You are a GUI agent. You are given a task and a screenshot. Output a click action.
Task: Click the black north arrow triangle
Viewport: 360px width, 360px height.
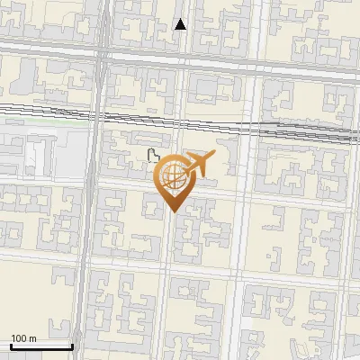tap(181, 24)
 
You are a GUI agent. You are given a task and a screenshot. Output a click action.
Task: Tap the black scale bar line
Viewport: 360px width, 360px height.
tap(40, 346)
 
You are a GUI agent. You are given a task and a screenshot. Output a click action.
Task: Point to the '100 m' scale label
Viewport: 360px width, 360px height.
tap(23, 338)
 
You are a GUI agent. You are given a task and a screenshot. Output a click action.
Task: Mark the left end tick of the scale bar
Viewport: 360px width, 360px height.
tap(11, 345)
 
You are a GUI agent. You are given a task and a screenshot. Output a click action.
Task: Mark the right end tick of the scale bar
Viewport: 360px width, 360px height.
tap(71, 345)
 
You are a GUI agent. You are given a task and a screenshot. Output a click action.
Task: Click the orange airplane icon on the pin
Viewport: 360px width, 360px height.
tap(199, 164)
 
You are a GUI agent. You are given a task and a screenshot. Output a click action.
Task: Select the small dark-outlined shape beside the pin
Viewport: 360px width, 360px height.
tap(153, 156)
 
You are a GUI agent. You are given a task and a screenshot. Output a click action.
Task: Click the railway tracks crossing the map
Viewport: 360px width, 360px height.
tap(225, 121)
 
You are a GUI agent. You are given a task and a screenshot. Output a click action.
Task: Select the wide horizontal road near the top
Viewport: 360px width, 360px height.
tap(225, 64)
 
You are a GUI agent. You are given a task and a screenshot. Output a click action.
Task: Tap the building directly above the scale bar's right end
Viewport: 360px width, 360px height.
tap(70, 315)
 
